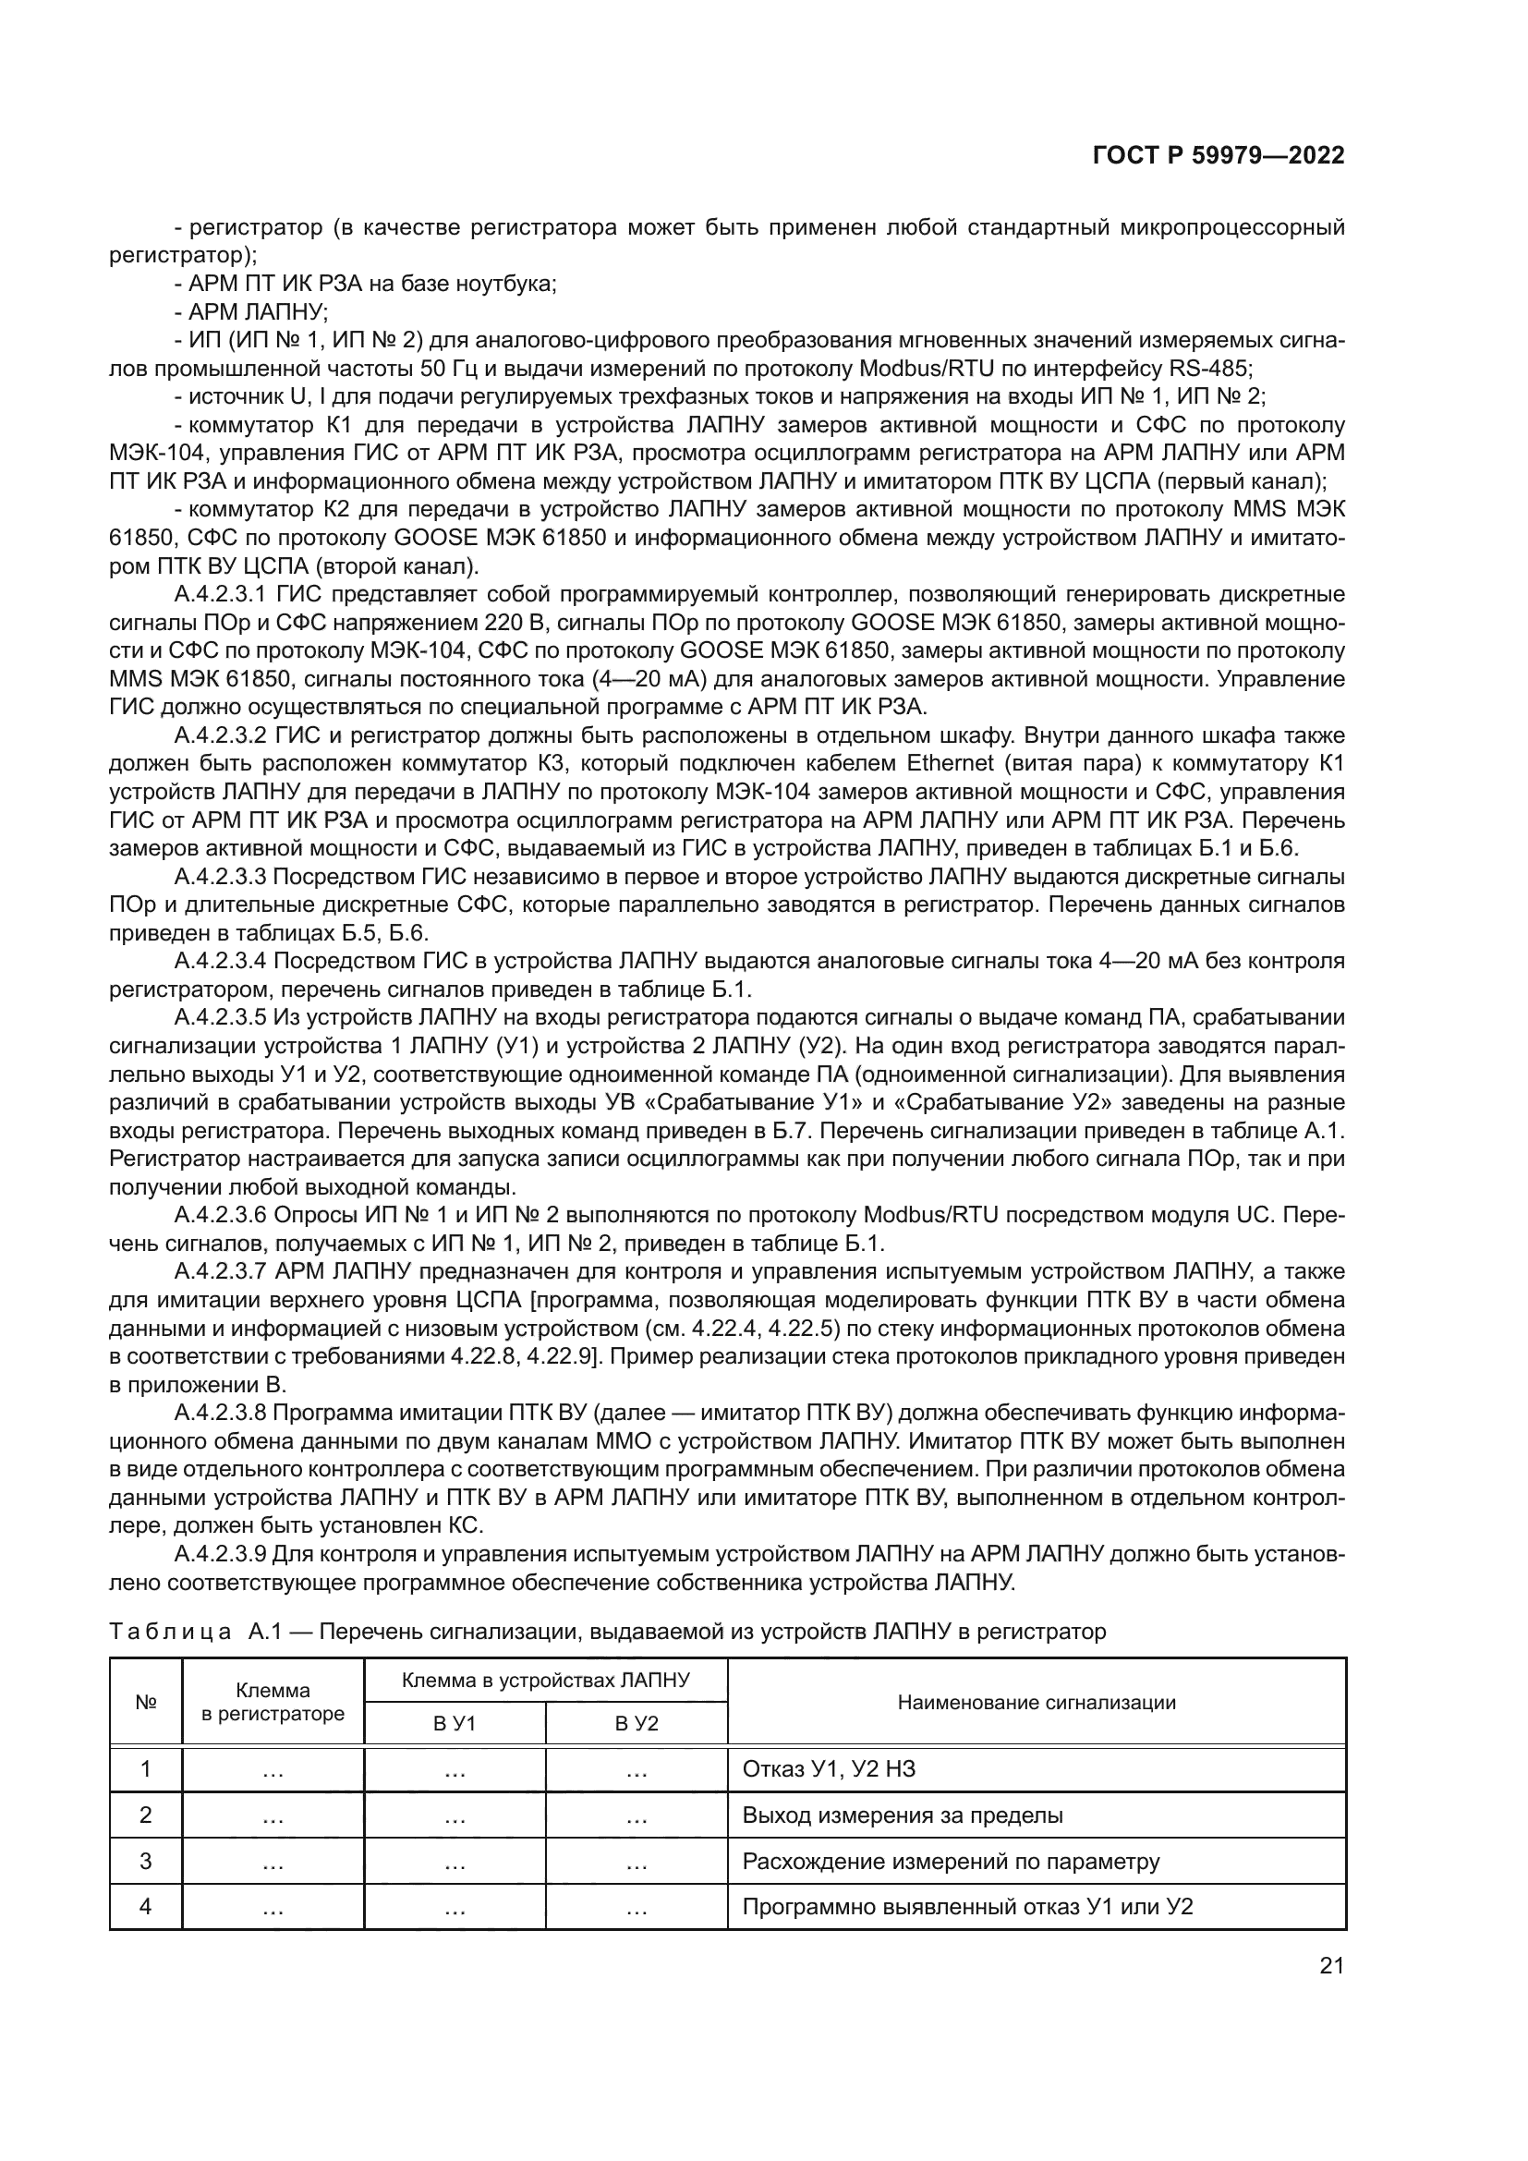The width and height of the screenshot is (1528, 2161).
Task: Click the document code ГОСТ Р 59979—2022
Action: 1219,155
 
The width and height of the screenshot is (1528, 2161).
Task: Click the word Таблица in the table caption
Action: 170,1632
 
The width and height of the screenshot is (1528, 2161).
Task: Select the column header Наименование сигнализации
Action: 1036,1702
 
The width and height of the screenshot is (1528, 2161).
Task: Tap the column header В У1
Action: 455,1723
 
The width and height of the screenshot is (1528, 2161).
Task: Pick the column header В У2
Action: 636,1723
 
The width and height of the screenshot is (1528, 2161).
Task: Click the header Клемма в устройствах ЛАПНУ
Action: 546,1680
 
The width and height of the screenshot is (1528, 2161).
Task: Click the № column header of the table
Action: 146,1702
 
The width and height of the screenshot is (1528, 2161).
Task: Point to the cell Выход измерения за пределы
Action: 903,1815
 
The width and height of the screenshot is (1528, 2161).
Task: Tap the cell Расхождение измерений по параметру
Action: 951,1862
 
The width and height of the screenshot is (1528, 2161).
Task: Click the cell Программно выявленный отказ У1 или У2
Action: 967,1908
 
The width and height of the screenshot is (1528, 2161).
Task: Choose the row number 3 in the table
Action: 146,1862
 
